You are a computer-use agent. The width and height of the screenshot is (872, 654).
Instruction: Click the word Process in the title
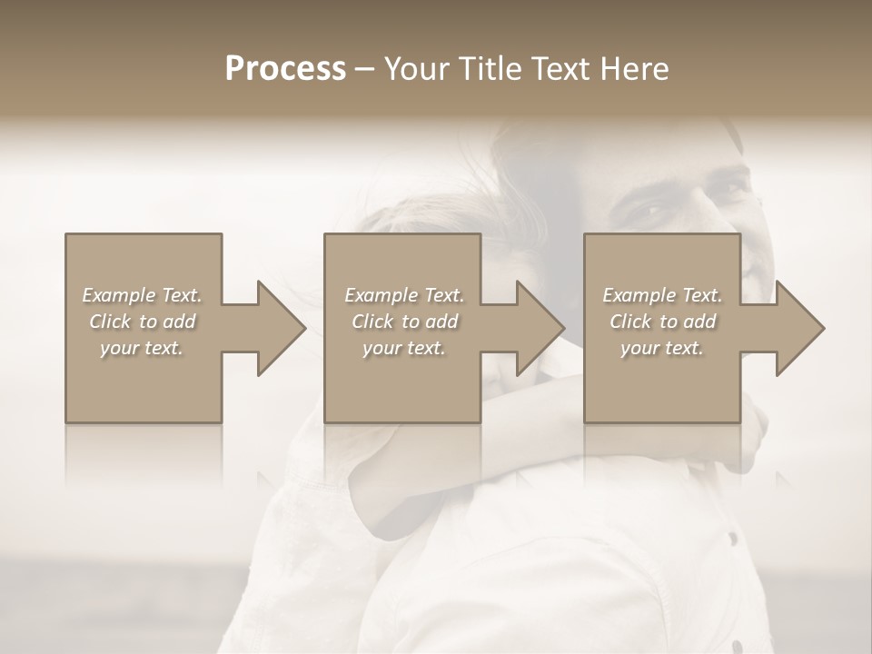285,69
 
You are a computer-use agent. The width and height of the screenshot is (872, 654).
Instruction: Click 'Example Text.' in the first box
142,295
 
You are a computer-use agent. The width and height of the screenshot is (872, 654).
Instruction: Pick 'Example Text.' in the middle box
404,295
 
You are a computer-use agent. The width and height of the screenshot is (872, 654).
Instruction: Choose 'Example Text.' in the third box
662,295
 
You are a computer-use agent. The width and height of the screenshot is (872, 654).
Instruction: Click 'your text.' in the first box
142,348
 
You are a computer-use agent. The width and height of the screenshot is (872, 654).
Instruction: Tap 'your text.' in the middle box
404,348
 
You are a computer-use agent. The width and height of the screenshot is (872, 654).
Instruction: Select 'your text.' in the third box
662,348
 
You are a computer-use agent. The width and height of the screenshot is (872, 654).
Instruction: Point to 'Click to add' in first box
142,322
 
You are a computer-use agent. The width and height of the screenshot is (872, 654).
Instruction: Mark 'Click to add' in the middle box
404,322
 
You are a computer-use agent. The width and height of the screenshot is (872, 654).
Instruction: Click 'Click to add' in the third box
662,322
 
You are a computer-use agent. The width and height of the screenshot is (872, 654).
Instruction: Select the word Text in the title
555,69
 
